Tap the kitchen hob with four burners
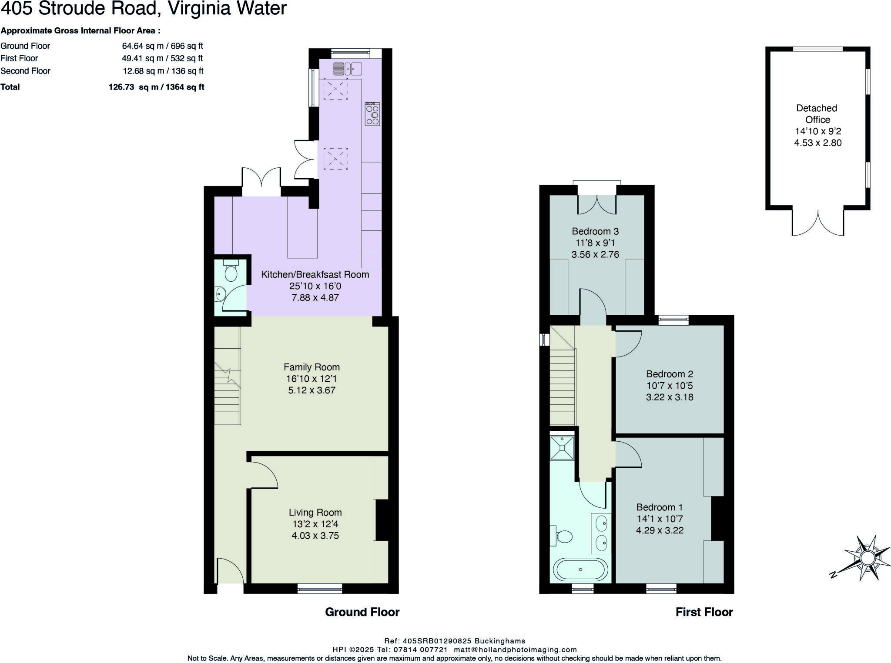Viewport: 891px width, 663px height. (372, 114)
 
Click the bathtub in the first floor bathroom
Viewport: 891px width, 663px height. (580, 570)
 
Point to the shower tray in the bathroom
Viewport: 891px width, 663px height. (562, 448)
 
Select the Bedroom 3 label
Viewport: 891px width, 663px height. (595, 231)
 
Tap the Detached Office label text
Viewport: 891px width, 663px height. (817, 114)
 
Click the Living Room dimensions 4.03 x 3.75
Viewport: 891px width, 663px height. (315, 536)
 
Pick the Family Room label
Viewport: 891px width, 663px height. (312, 367)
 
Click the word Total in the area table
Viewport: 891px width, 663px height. (10, 87)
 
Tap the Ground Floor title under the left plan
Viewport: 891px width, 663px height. (362, 612)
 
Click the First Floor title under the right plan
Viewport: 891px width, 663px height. (704, 612)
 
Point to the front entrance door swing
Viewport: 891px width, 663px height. (230, 571)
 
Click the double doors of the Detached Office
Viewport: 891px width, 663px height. (818, 223)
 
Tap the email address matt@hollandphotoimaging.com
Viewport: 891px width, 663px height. (515, 650)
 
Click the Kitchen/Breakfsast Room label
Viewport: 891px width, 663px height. (315, 274)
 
